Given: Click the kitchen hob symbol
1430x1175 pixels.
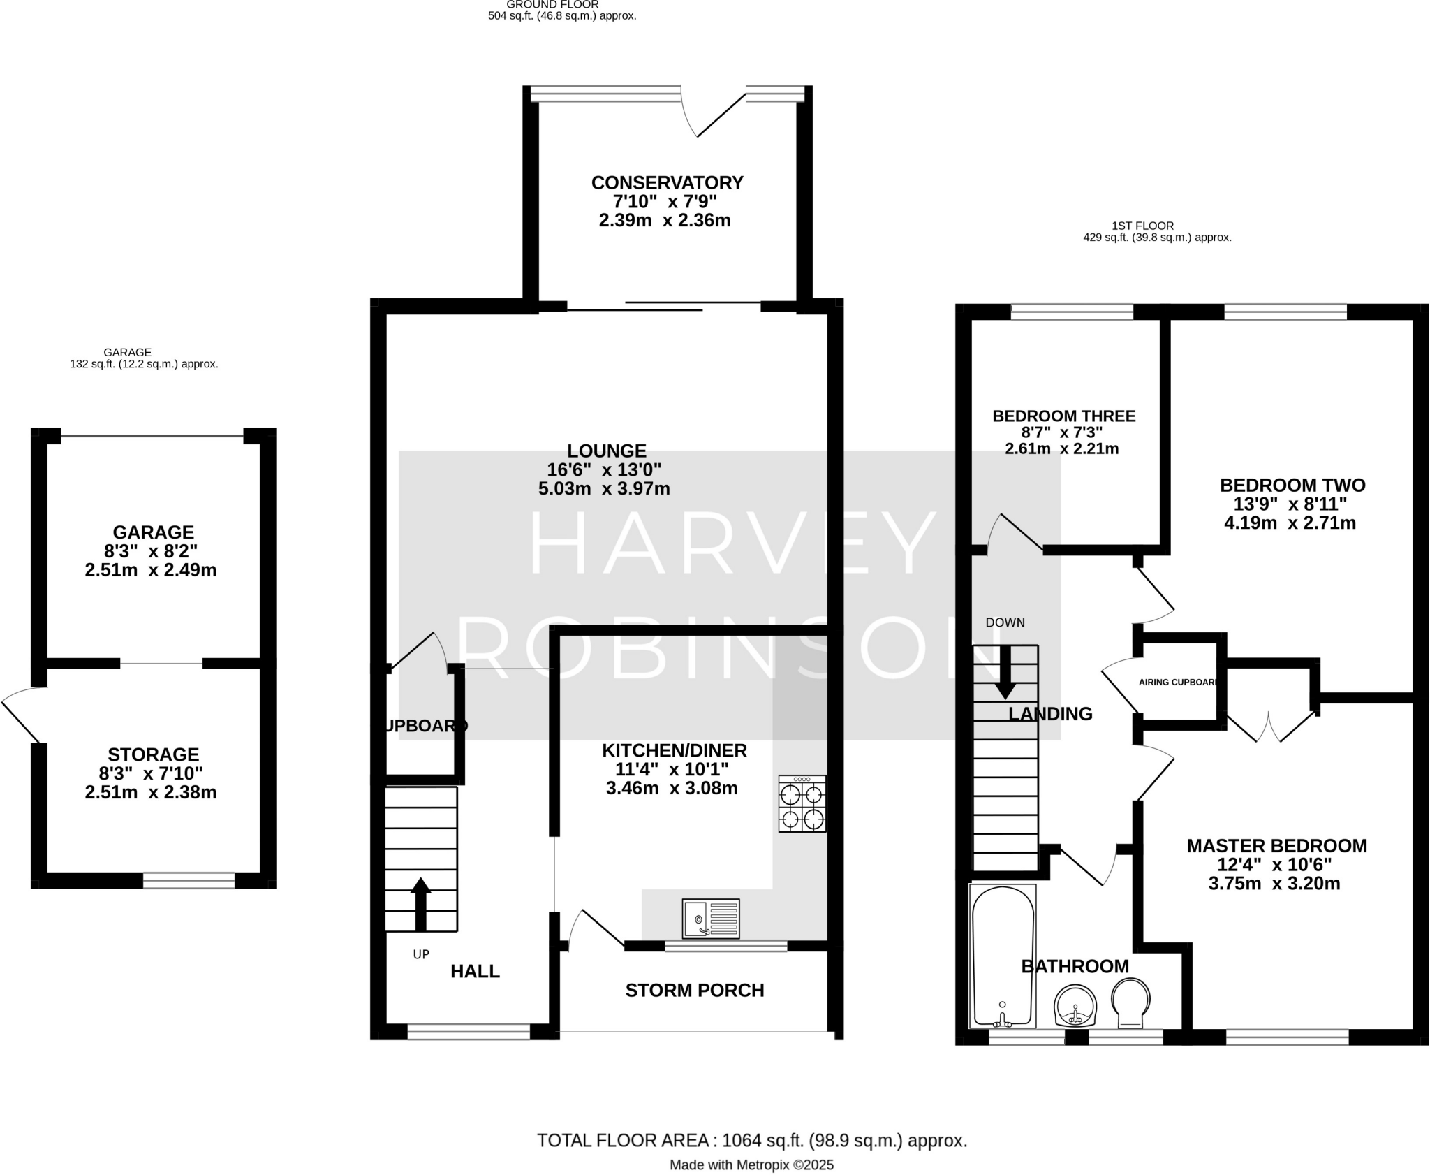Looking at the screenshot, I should [802, 803].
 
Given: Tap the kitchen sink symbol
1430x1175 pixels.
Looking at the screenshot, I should [711, 919].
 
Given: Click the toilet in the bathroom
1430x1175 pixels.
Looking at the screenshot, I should [1130, 1003].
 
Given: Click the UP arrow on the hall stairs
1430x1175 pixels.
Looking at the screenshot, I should [420, 903].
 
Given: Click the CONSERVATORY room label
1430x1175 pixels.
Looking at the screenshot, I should [667, 183].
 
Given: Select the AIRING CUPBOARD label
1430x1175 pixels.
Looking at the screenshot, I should [1179, 682].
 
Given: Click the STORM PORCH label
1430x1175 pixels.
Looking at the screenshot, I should [695, 990].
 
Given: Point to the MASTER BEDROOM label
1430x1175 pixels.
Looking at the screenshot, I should [1276, 846].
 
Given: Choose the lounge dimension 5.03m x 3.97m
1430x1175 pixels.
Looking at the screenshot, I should [604, 488].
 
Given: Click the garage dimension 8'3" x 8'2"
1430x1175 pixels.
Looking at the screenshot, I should [151, 550].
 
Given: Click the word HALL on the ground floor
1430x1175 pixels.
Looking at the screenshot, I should [475, 971].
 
